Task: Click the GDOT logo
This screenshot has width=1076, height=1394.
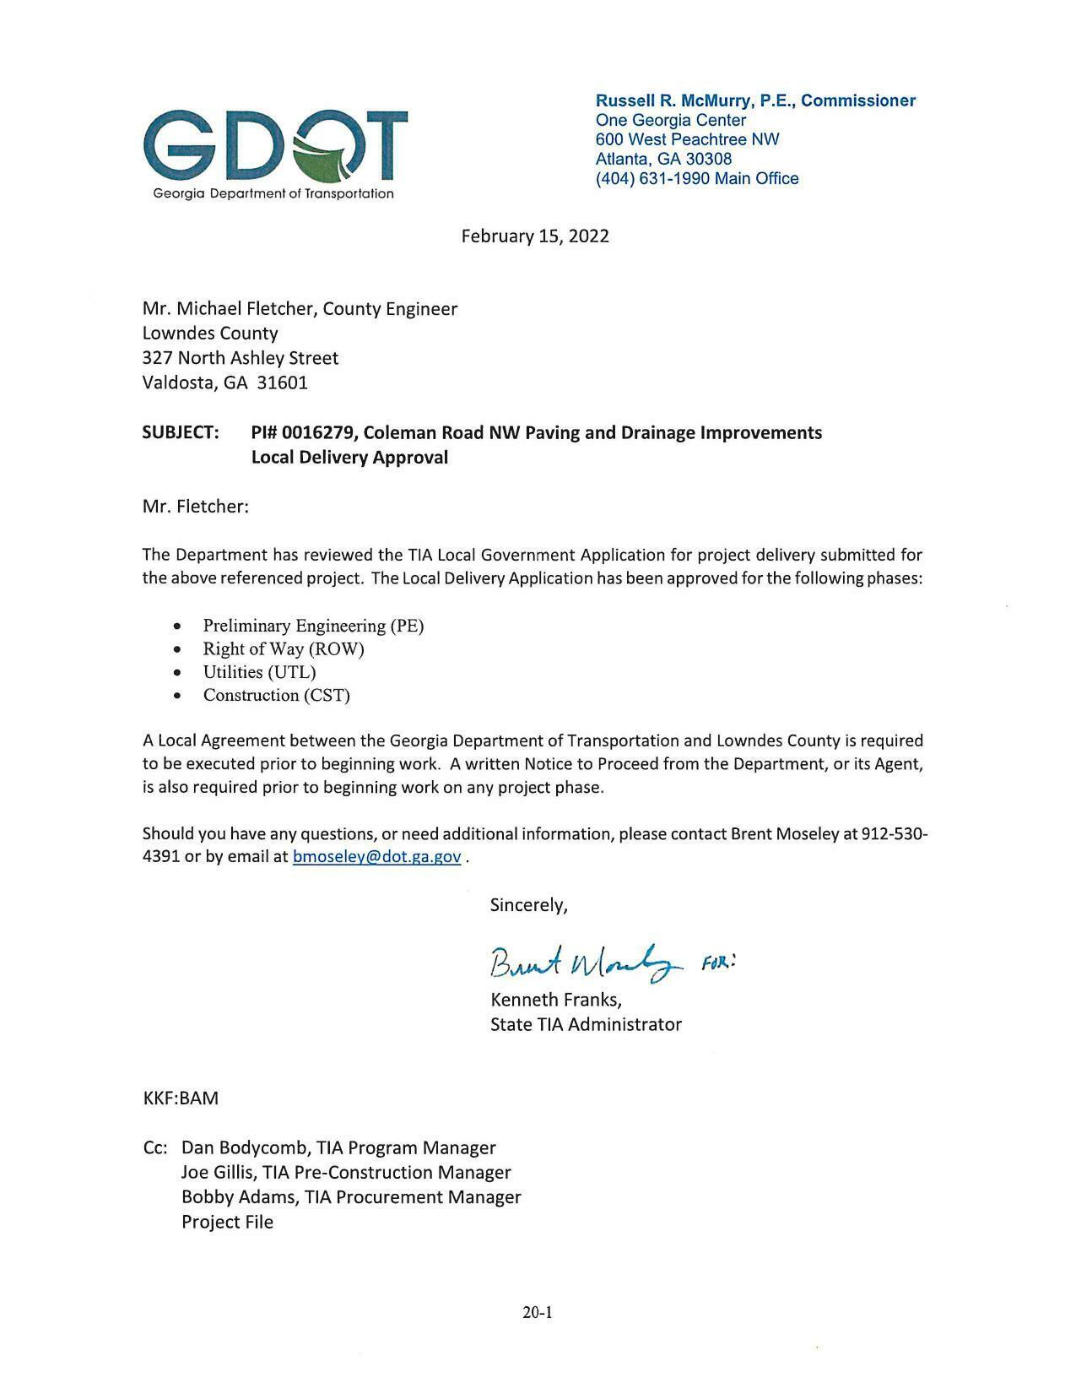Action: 275,152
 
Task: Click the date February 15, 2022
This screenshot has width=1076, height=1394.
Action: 534,236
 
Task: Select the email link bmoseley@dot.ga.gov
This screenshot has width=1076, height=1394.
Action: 376,856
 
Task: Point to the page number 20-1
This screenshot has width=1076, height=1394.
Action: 537,1312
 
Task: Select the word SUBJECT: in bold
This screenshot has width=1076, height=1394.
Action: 181,432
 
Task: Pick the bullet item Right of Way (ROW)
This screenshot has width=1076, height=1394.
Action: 283,648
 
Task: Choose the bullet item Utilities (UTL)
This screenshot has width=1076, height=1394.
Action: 259,672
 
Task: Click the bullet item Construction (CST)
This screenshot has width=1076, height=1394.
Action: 276,695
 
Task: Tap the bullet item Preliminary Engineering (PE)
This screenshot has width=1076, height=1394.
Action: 313,626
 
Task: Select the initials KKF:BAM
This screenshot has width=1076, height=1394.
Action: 181,1098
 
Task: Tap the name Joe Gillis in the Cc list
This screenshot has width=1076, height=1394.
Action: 217,1172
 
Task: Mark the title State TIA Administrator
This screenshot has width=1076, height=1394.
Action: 586,1024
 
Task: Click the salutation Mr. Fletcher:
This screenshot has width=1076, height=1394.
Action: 196,507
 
